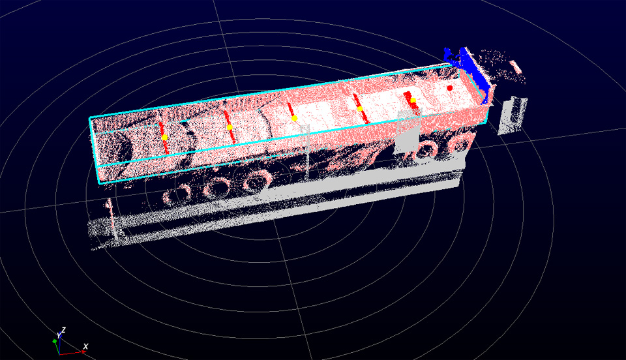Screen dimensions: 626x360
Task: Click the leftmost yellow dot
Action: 164,138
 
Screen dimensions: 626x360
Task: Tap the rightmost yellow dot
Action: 413,100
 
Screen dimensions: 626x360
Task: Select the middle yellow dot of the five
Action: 294,118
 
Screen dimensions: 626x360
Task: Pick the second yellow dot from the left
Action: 230,127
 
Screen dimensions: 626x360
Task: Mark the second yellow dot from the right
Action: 360,108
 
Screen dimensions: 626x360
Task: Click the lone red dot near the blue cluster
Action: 450,88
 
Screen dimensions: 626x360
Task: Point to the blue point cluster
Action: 471,72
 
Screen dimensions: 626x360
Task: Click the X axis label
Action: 85,346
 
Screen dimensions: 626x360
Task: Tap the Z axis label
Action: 63,331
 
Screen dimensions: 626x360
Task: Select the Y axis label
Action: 59,335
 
